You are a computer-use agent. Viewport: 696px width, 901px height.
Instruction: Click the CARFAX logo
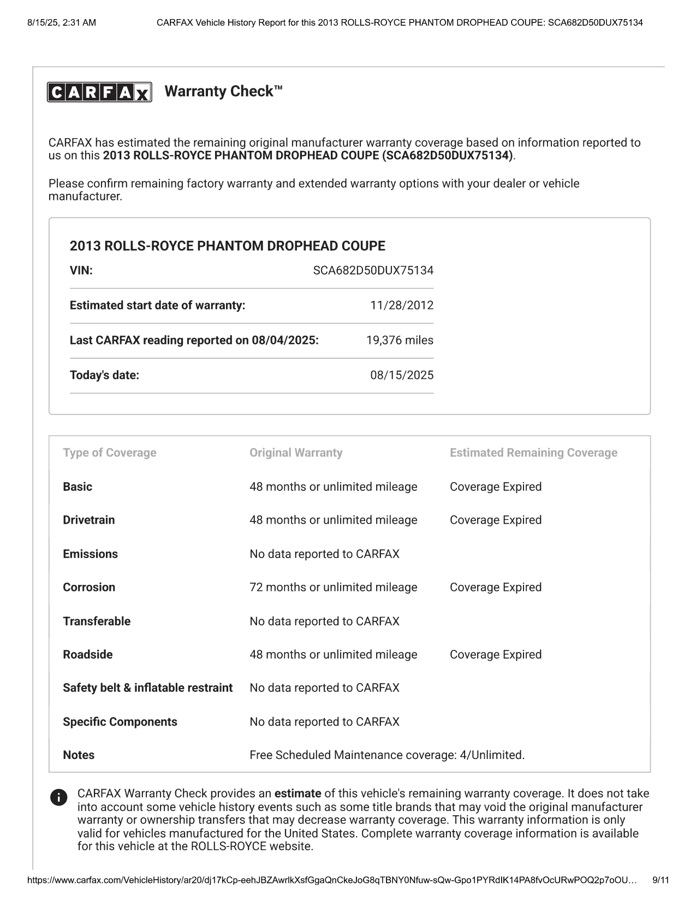pyautogui.click(x=99, y=92)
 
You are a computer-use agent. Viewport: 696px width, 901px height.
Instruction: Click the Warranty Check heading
pyautogui.click(x=223, y=91)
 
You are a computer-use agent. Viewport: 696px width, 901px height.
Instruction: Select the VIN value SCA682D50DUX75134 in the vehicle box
pyautogui.click(x=373, y=270)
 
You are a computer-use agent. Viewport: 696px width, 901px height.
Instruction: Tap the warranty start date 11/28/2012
pyautogui.click(x=401, y=305)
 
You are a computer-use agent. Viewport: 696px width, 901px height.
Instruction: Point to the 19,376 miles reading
pyautogui.click(x=400, y=340)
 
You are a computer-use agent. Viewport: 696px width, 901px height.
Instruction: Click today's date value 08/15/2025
pyautogui.click(x=401, y=375)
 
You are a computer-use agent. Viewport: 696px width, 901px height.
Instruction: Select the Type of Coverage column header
pyautogui.click(x=109, y=453)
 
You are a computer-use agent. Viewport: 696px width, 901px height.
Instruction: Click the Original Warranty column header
pyautogui.click(x=296, y=453)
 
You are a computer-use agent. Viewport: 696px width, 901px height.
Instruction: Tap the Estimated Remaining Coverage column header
pyautogui.click(x=533, y=453)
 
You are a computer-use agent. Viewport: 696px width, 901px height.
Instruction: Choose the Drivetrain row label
pyautogui.click(x=88, y=520)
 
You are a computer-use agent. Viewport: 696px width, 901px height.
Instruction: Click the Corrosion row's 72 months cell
pyautogui.click(x=333, y=587)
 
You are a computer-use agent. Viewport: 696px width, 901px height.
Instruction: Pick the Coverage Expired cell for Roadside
pyautogui.click(x=495, y=654)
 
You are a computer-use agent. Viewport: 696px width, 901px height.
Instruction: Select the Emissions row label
pyautogui.click(x=90, y=554)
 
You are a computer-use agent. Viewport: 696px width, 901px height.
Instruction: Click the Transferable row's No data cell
pyautogui.click(x=324, y=621)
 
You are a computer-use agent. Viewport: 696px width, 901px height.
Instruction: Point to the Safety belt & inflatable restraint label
pyautogui.click(x=147, y=687)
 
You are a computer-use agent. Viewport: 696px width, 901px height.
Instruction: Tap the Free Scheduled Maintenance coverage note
pyautogui.click(x=386, y=755)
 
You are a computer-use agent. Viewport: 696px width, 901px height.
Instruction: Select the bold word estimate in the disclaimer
pyautogui.click(x=297, y=793)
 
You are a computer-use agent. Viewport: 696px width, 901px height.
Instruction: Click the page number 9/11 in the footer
pyautogui.click(x=661, y=880)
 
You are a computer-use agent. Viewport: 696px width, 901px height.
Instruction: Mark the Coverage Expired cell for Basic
pyautogui.click(x=495, y=487)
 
